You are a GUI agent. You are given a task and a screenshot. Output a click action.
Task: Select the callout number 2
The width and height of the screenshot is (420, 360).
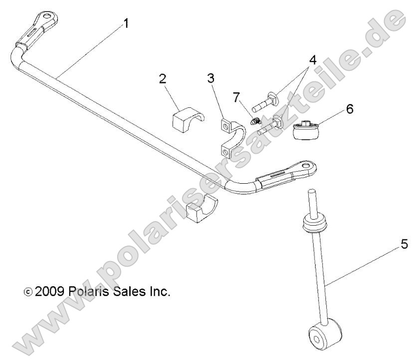(163, 78)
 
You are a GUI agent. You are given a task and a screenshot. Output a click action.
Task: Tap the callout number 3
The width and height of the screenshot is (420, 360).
(212, 78)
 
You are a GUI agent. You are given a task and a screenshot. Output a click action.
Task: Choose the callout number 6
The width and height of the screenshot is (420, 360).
(349, 109)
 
